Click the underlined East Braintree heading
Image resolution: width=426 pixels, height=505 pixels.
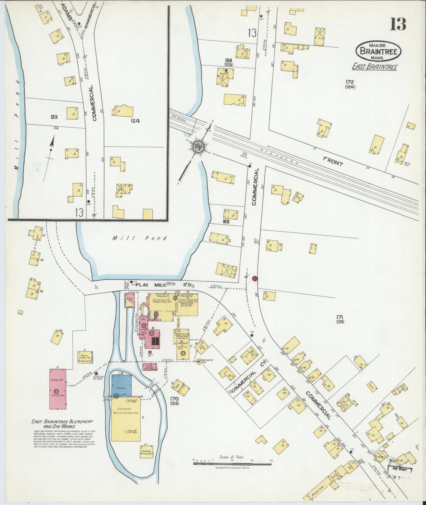[374, 67]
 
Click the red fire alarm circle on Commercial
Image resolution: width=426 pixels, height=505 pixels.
[255, 279]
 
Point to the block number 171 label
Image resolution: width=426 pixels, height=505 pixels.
[340, 319]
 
